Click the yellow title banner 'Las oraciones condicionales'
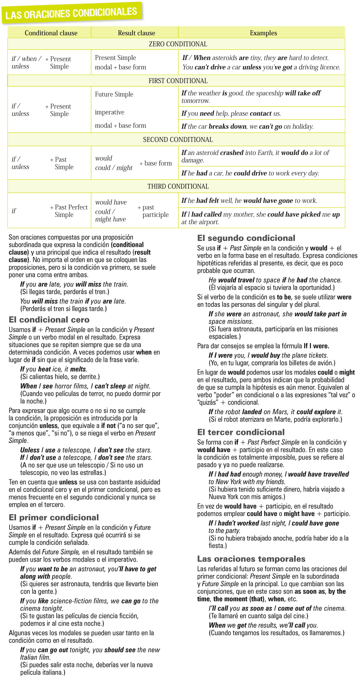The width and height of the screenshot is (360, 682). [72, 13]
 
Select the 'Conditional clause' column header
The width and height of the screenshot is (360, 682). [51, 33]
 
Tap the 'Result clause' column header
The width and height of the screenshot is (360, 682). [136, 33]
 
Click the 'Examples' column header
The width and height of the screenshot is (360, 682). [263, 33]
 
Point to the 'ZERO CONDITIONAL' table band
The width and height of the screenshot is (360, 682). [178, 44]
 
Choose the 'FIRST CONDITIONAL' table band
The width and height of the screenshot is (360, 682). [178, 81]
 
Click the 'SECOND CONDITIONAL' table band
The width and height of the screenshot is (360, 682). [178, 139]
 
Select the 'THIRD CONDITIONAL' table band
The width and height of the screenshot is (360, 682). [178, 186]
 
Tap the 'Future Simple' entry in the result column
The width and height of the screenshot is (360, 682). [114, 94]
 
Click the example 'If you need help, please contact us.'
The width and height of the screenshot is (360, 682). [231, 113]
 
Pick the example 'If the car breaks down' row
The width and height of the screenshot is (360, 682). [247, 126]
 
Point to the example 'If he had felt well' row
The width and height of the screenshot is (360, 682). [249, 200]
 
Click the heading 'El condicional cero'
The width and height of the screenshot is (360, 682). [49, 320]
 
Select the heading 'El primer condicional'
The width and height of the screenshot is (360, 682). [54, 517]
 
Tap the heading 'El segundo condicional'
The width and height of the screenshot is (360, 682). [246, 238]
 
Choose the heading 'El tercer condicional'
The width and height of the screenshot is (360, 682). [241, 432]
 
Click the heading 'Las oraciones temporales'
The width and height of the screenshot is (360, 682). [251, 559]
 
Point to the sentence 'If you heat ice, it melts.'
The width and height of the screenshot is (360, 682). [54, 369]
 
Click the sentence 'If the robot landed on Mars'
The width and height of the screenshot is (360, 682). [275, 412]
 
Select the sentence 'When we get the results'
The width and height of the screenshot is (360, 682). [263, 625]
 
